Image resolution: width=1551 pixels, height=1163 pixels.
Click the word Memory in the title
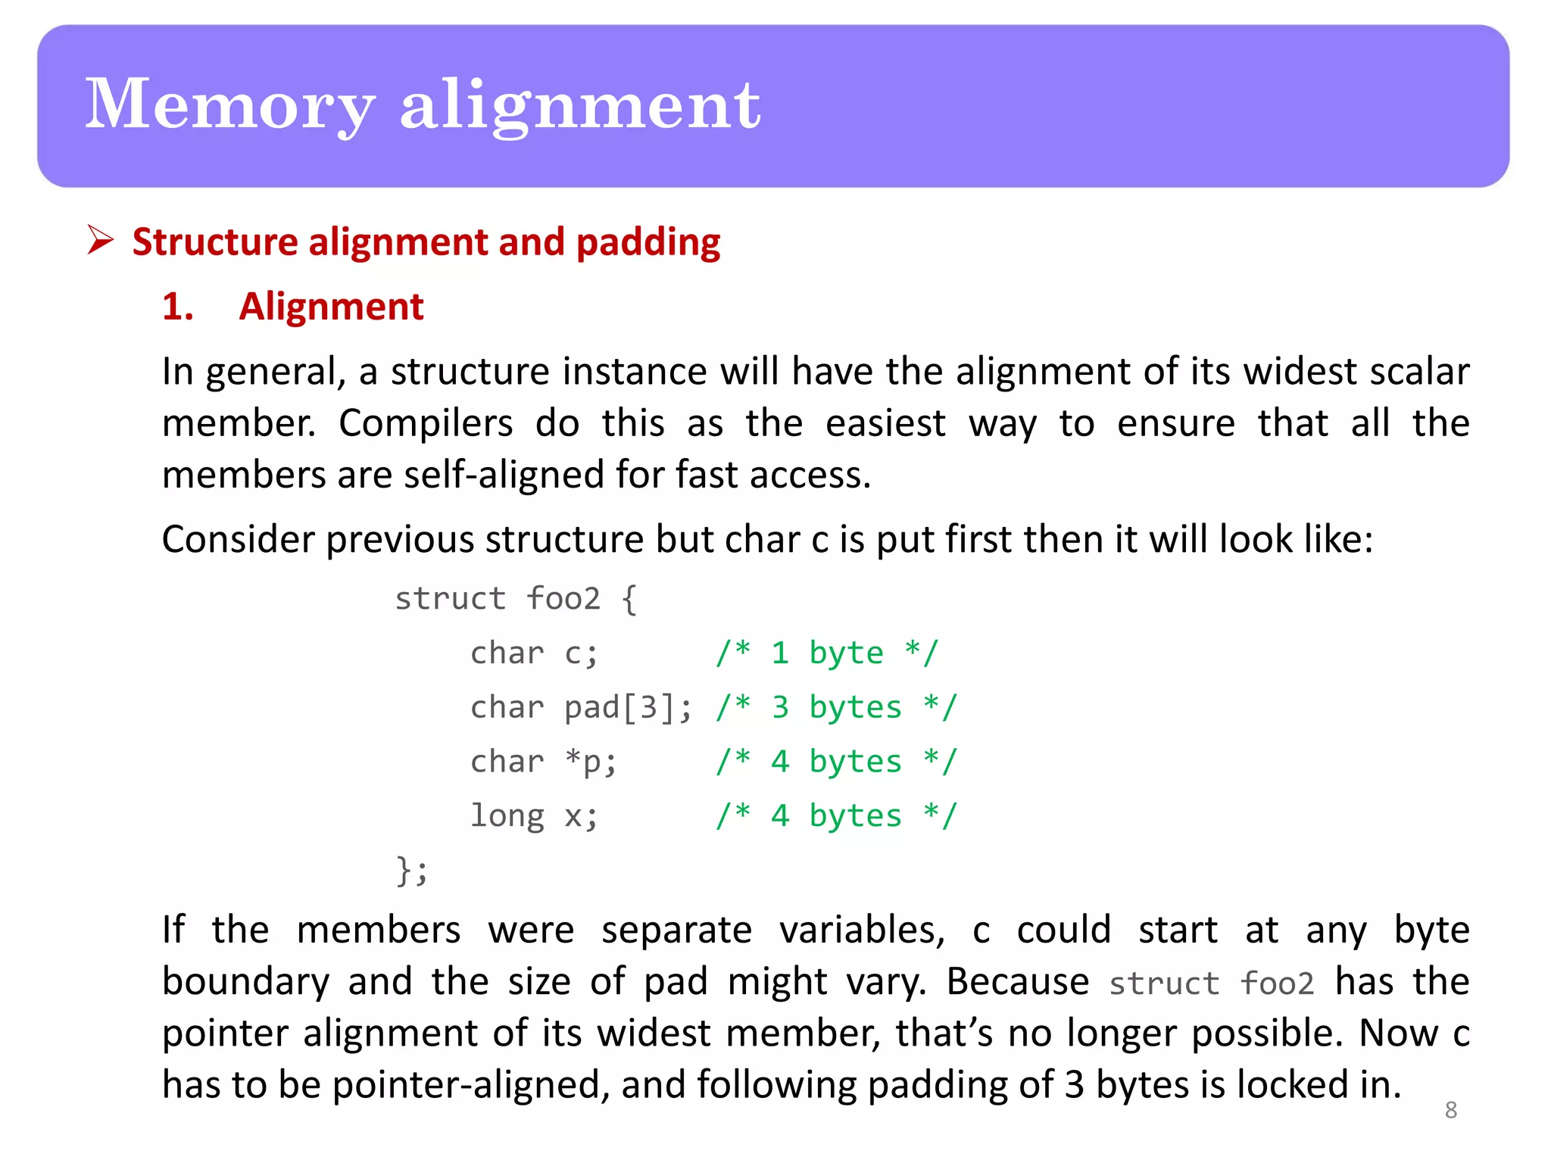229,105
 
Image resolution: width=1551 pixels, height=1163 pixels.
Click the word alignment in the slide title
579,105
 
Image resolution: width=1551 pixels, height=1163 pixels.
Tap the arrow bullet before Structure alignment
100,240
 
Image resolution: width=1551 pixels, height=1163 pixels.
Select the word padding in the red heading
648,242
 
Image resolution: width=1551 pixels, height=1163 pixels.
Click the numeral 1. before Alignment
178,307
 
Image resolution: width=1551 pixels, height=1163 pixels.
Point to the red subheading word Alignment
331,307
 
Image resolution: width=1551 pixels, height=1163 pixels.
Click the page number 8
1450,1110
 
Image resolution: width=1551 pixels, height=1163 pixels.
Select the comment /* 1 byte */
827,653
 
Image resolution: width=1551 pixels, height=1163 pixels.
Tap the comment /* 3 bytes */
836,707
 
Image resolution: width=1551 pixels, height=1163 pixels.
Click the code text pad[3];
628,707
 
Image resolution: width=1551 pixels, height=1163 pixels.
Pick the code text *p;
591,762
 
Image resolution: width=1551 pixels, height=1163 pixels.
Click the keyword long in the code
507,816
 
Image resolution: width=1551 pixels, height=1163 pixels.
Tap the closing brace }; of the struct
412,870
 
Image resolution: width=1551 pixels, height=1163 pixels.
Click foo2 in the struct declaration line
563,599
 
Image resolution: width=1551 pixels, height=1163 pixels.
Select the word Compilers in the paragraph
426,423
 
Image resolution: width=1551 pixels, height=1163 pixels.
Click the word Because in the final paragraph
1017,982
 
